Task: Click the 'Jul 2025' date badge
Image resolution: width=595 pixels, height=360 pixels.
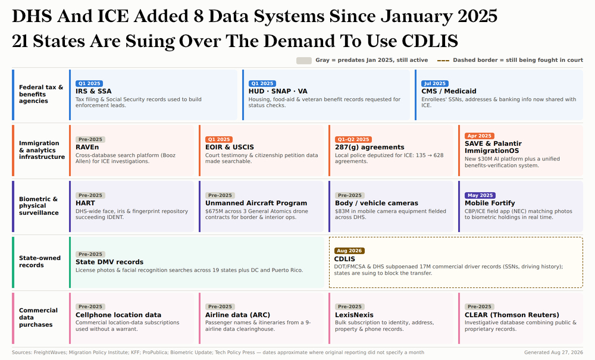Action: click(x=434, y=83)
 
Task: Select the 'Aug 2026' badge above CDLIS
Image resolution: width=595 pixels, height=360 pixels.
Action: click(x=349, y=251)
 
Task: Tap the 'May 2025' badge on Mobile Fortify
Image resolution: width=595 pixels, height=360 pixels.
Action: click(x=480, y=195)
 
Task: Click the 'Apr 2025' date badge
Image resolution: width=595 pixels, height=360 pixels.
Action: click(x=479, y=136)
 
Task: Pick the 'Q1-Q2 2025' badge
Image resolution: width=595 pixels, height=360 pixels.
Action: click(x=353, y=139)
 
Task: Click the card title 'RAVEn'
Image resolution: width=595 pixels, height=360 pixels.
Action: click(x=87, y=147)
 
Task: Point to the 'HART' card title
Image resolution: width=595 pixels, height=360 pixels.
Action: click(x=85, y=203)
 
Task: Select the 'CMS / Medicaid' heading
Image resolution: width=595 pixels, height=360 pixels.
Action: click(x=449, y=91)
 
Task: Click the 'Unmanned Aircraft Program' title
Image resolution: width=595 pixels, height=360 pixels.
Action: click(x=256, y=203)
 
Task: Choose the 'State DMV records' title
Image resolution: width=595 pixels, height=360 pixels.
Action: click(x=109, y=262)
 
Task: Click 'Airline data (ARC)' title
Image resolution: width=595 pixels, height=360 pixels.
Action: click(x=237, y=315)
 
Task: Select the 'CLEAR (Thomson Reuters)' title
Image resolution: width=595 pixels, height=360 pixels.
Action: click(x=512, y=315)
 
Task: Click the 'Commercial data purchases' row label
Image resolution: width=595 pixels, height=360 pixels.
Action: click(x=38, y=318)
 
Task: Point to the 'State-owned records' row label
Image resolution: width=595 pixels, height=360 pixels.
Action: click(x=40, y=261)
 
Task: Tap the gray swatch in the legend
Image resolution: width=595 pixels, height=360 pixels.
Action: click(x=304, y=60)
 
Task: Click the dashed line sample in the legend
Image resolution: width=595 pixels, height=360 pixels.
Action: click(x=443, y=60)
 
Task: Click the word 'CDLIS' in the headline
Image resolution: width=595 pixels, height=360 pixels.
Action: click(x=430, y=41)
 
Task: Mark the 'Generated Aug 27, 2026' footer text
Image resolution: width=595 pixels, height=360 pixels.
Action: click(x=553, y=352)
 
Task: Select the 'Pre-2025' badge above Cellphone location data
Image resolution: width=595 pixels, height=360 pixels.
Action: click(x=90, y=306)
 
